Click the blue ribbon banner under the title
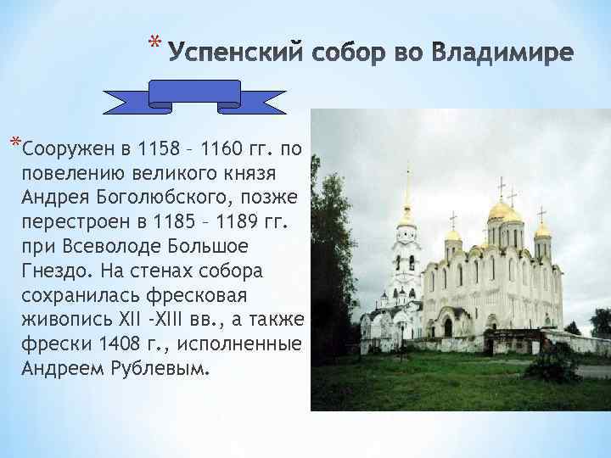point(194,96)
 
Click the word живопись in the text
point(59,320)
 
